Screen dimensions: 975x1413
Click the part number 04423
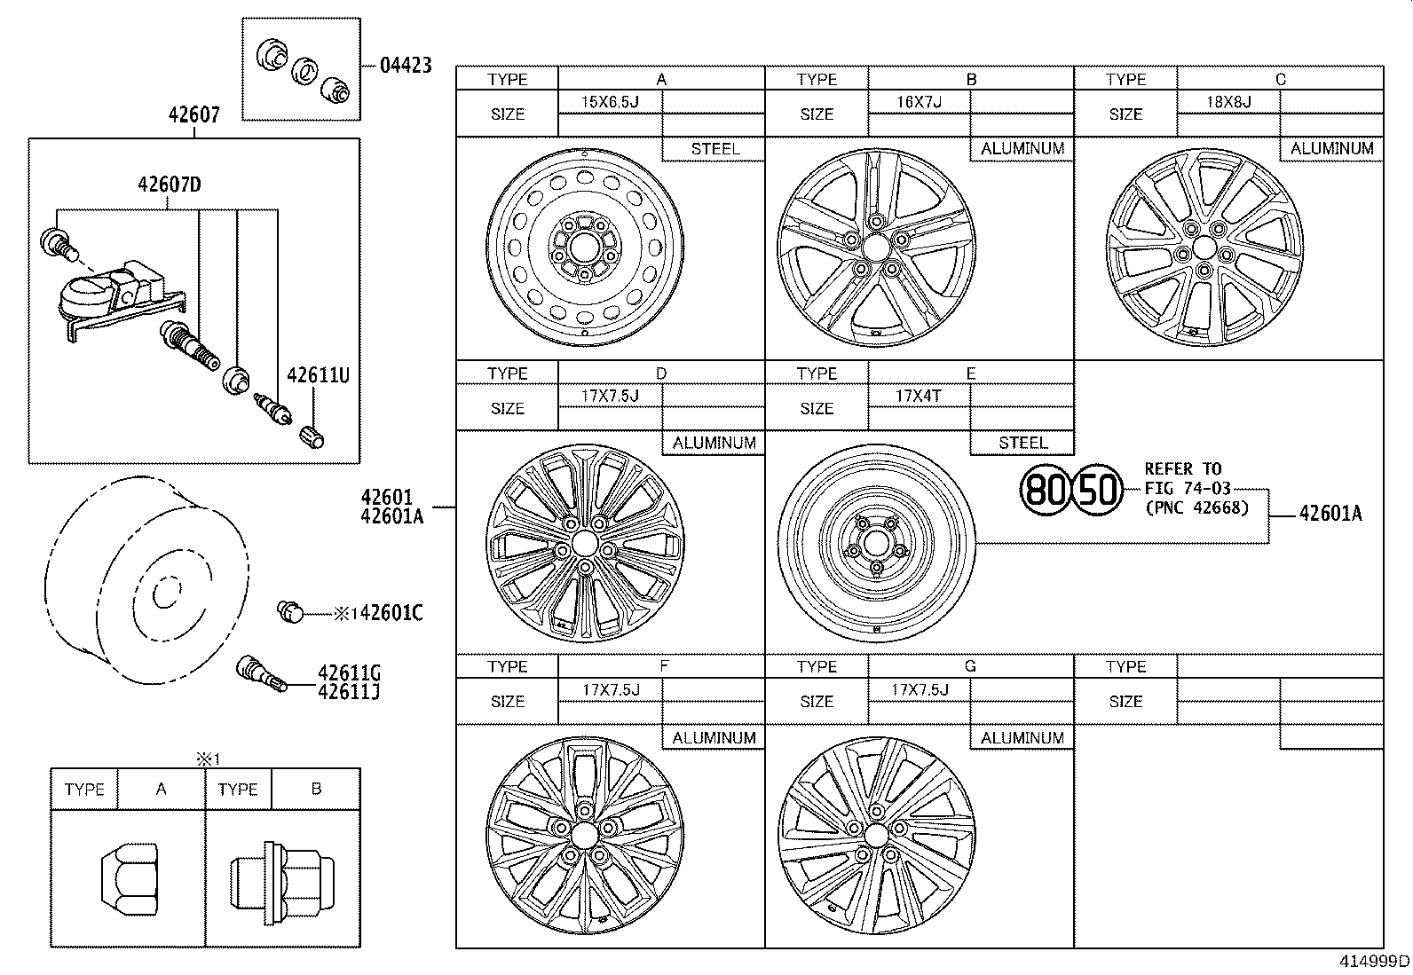coord(406,65)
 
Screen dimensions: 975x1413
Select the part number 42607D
coord(169,185)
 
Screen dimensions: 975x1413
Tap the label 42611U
coord(318,375)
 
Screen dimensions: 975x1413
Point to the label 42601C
coord(391,612)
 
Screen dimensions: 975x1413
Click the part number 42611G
coord(349,672)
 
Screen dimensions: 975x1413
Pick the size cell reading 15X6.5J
coord(610,102)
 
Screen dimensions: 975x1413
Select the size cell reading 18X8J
coord(1228,102)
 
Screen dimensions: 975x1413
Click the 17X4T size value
coord(919,396)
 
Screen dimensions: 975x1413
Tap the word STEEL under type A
coord(714,149)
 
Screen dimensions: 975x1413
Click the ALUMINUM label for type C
coord(1331,149)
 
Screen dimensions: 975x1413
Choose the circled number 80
coord(1044,490)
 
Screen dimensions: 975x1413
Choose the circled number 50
coord(1097,490)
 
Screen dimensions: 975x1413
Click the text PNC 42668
coord(1196,508)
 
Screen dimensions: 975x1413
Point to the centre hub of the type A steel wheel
coord(584,246)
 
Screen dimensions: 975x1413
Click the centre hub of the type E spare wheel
coord(875,542)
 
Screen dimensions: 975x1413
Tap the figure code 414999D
coord(1375,961)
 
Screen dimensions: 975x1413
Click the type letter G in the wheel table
coord(970,666)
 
